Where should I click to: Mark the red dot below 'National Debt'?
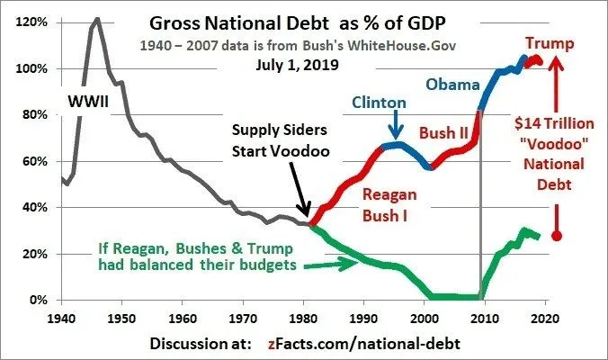(557, 236)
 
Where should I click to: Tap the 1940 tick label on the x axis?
(61, 316)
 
